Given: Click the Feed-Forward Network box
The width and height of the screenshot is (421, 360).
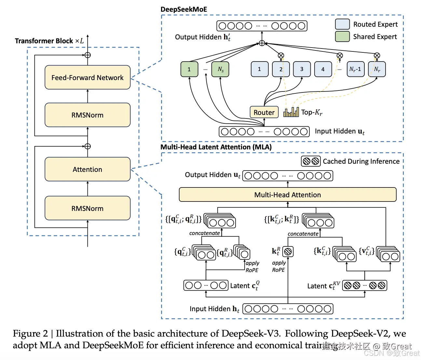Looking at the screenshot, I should [88, 77].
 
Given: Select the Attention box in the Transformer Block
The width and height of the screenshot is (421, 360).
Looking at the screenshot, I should [88, 169].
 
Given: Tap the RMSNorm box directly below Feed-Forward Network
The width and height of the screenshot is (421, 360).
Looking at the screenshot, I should [88, 115].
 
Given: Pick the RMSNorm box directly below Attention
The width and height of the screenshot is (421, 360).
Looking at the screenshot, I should [88, 208].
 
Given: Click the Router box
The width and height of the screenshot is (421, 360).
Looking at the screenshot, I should [264, 112].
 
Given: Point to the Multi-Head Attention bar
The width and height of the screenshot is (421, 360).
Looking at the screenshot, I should [288, 195].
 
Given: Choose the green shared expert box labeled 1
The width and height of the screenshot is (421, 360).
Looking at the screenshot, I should [189, 69].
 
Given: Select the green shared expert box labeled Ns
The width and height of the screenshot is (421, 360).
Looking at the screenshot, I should [220, 69].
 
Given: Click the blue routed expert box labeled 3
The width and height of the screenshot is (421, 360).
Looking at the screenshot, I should [302, 69].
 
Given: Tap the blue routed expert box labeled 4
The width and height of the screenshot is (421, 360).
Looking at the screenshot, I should [323, 69].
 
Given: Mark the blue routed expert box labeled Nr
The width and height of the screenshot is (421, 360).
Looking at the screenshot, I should [377, 69].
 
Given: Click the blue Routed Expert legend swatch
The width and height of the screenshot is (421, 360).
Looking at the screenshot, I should [342, 24].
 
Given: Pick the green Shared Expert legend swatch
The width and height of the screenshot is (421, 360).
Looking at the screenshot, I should [342, 36].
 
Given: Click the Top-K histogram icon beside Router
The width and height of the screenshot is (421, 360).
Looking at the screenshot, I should [291, 112].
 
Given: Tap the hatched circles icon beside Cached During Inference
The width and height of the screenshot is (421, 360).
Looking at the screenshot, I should [311, 161].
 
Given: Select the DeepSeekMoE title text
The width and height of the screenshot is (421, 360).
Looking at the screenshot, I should [184, 9].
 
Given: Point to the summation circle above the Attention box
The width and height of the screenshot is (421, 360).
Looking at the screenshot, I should [88, 146].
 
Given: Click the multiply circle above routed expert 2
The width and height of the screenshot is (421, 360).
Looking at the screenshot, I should [281, 56].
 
